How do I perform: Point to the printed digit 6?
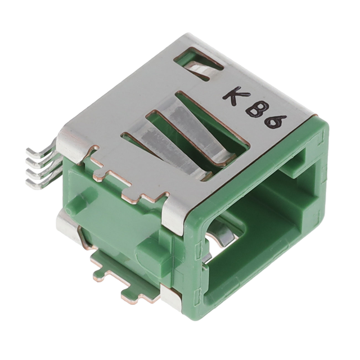(x=277, y=120)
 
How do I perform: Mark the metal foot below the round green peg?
(x=69, y=228)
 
